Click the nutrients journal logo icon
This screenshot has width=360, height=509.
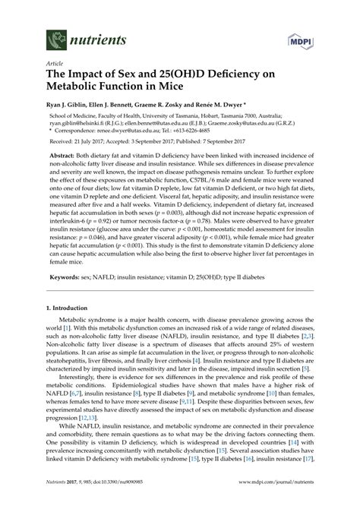pyautogui.click(x=55, y=35)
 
